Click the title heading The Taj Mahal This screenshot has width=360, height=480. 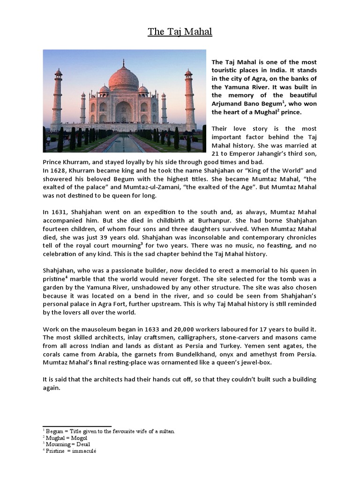tap(180, 32)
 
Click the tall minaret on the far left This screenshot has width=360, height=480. tap(58, 98)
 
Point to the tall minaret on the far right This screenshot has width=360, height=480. tap(189, 98)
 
